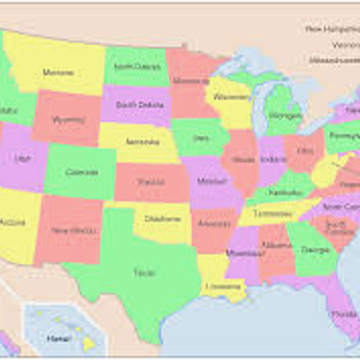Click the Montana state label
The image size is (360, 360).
pos(58,72)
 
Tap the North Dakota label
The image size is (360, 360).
pos(135,66)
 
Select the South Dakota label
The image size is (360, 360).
pos(139,104)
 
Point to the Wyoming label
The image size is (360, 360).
pos(68,119)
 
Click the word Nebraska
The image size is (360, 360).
pos(142,142)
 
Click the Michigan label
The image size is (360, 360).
pos(284,115)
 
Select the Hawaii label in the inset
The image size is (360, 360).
pos(58,337)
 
